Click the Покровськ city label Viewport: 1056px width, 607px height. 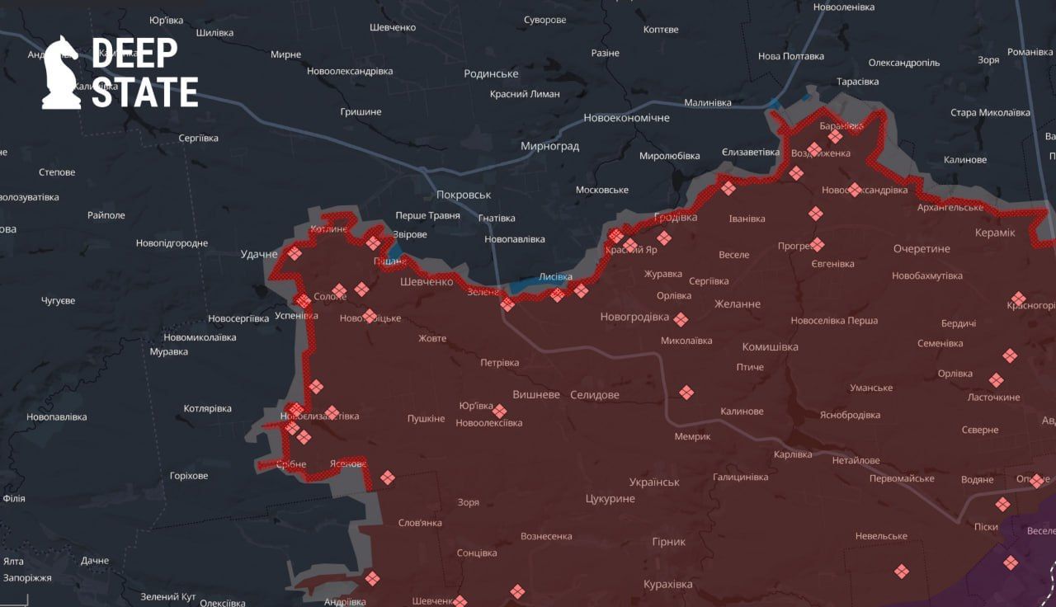[x=463, y=195]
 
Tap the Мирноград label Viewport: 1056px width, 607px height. [x=549, y=146]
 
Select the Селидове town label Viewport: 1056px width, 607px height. [x=594, y=395]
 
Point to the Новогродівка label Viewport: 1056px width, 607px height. [x=634, y=316]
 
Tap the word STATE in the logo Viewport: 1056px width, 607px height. [x=144, y=92]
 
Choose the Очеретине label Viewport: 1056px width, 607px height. [x=922, y=248]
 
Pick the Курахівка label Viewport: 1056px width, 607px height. [x=667, y=584]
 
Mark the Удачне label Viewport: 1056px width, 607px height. [x=259, y=254]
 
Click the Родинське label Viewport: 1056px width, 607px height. [x=491, y=73]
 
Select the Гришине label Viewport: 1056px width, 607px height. [x=361, y=111]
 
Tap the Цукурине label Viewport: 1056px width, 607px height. [x=610, y=499]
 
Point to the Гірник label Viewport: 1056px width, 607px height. [x=669, y=542]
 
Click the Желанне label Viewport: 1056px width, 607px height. [x=737, y=303]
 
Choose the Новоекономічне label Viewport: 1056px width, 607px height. [x=626, y=118]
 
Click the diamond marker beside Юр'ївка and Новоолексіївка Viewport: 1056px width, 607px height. [x=499, y=411]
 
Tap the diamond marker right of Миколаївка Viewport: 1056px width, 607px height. [x=681, y=319]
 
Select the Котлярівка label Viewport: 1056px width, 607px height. [x=207, y=408]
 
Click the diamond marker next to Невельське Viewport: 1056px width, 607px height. [x=901, y=571]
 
